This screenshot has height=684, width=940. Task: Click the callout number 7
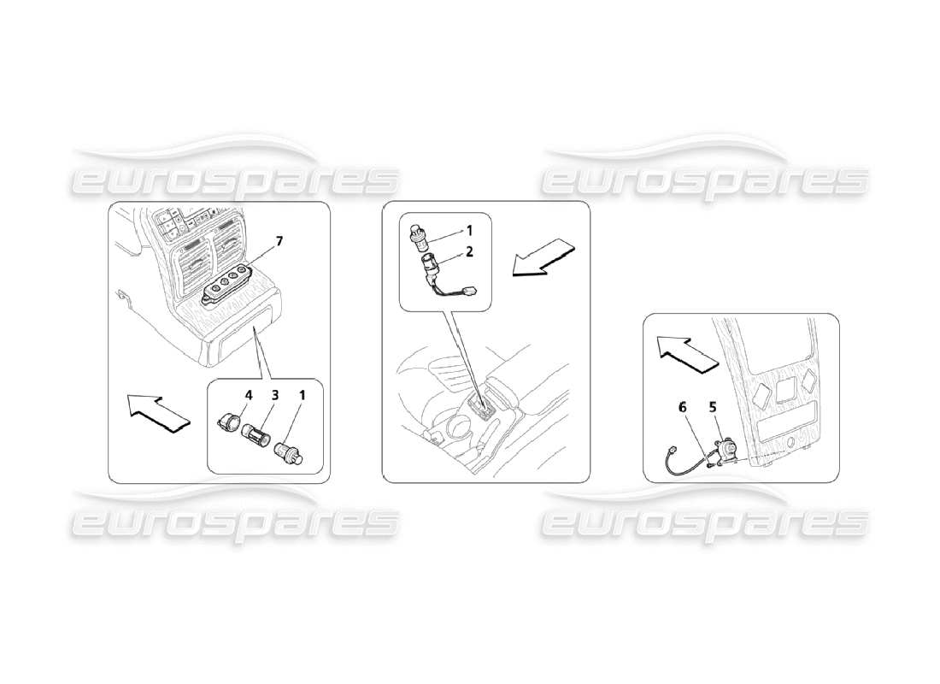pos(279,240)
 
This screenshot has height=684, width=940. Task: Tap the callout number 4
pos(250,396)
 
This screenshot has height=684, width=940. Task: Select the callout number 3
pos(275,396)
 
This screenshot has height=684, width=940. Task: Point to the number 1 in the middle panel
pos(467,230)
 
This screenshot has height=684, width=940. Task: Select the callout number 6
pos(683,410)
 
